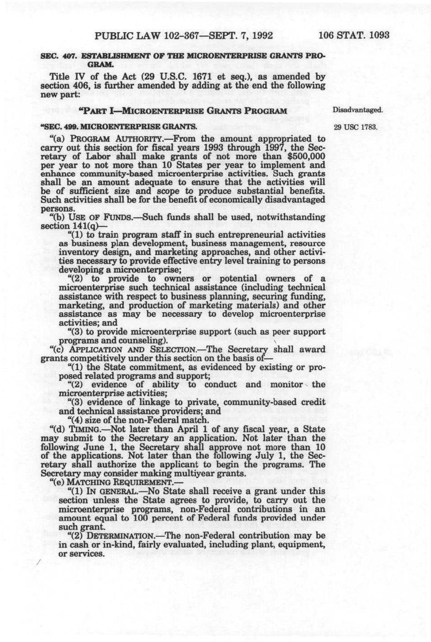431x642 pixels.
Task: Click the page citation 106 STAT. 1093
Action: pos(354,36)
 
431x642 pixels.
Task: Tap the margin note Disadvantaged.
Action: pos(358,110)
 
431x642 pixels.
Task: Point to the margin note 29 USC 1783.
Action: pos(356,127)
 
